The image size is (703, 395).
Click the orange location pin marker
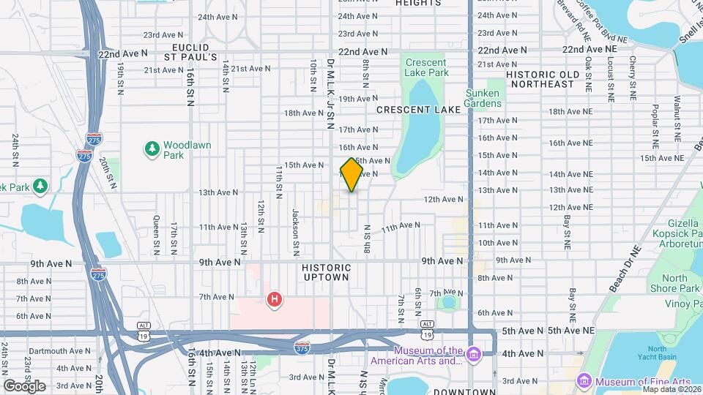click(351, 175)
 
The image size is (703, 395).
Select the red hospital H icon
click(275, 299)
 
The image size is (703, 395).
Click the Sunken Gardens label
click(483, 98)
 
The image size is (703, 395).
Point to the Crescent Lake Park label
click(426, 68)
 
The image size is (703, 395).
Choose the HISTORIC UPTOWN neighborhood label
click(327, 274)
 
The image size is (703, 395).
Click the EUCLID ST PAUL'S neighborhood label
click(190, 51)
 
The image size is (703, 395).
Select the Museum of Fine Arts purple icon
click(584, 381)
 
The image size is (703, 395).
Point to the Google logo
click(23, 385)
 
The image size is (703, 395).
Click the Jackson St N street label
click(296, 224)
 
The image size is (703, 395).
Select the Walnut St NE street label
click(677, 118)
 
